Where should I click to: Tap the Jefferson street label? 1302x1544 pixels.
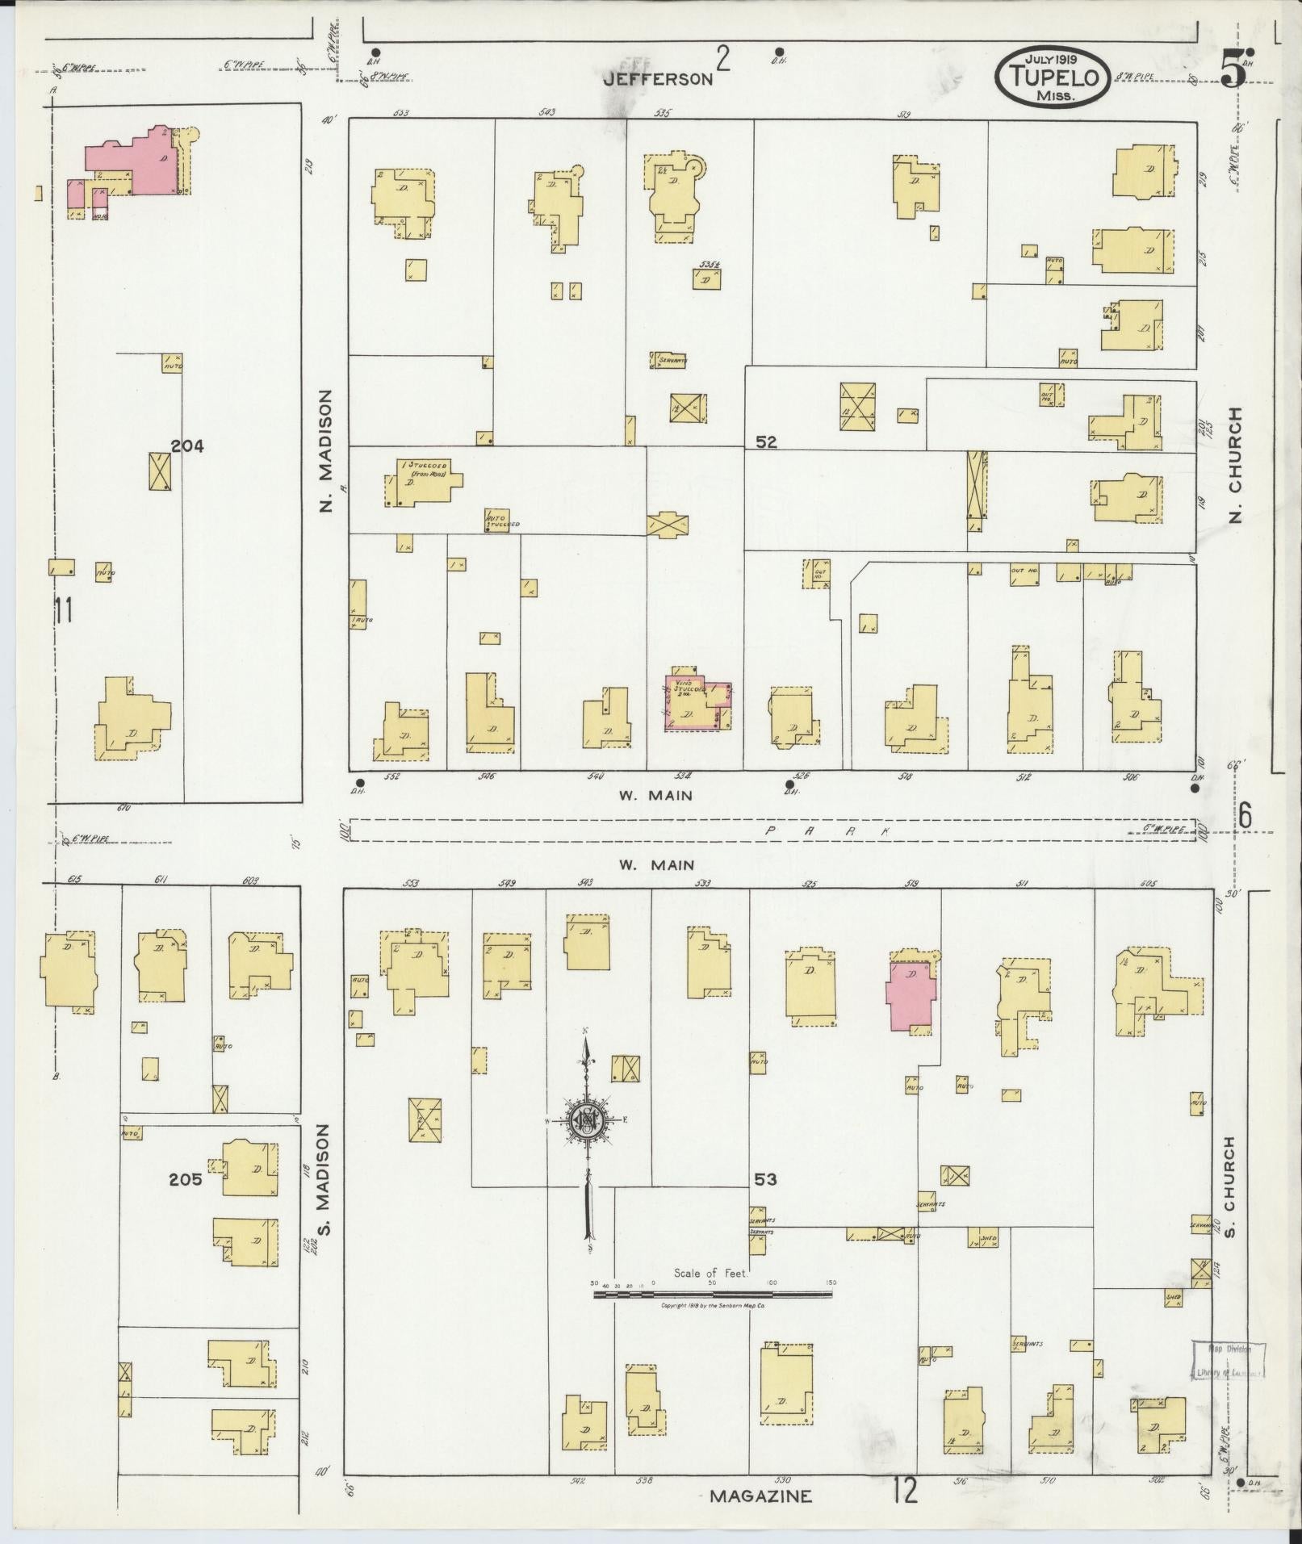click(659, 78)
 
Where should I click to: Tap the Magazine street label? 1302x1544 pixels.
click(760, 1496)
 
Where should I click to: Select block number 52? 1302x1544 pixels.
click(766, 442)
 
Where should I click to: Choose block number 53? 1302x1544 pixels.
click(765, 1179)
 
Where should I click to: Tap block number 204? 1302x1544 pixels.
click(187, 446)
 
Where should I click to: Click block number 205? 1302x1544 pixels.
click(185, 1179)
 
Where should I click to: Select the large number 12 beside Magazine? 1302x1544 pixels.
click(906, 1491)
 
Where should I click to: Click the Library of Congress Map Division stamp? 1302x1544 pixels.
click(1227, 1360)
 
